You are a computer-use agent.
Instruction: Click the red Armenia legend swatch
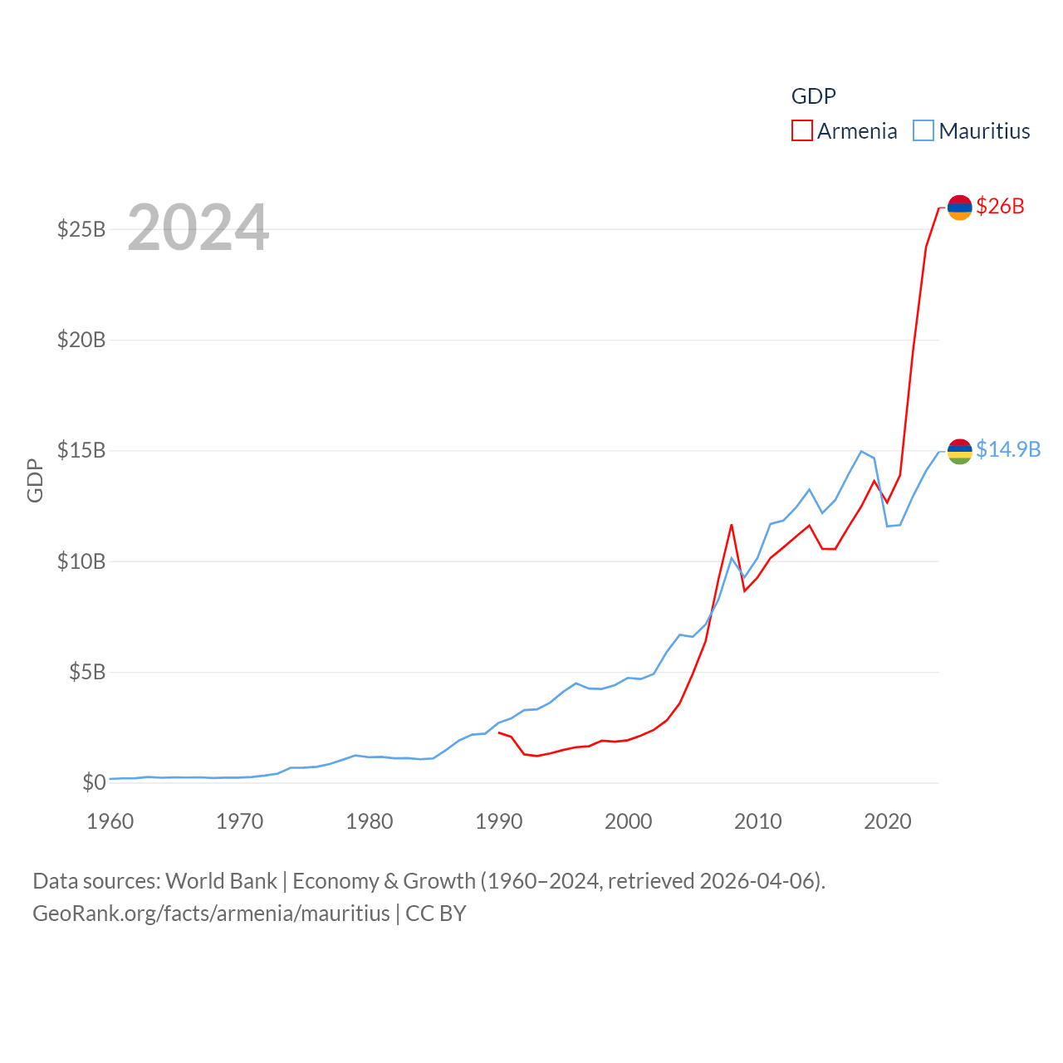801,131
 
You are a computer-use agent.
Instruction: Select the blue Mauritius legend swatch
923,131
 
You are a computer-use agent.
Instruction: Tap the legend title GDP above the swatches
813,96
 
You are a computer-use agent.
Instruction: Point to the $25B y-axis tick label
81,229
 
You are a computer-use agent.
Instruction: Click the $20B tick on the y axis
81,340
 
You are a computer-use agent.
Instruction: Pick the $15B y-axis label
81,450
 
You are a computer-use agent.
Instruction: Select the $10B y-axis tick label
81,561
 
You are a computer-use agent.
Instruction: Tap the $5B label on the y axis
87,672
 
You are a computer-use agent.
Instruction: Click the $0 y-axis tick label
94,782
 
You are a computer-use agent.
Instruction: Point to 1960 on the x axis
110,821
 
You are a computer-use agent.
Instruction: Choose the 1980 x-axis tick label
370,821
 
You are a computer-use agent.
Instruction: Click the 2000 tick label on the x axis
629,821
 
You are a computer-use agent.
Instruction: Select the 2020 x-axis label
888,821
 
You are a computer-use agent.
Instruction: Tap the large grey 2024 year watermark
198,228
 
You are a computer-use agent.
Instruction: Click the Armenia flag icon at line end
959,208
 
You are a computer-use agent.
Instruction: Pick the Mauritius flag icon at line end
959,451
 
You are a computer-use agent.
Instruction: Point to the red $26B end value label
1000,206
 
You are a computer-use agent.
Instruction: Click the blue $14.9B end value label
1008,449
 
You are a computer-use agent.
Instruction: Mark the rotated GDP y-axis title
35,480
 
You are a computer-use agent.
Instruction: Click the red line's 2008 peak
732,525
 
